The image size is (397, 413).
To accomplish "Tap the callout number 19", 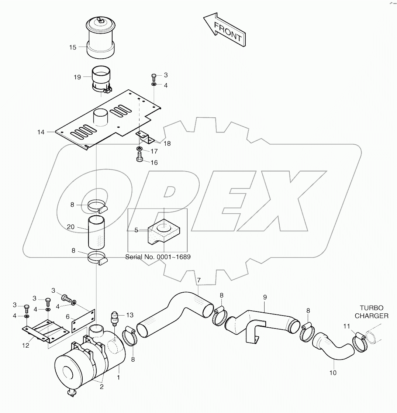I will [77, 77].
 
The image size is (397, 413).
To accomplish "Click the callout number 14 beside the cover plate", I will [41, 132].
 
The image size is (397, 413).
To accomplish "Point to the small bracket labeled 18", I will [146, 137].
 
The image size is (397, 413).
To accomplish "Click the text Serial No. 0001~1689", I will [158, 257].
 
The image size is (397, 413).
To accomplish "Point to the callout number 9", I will [265, 297].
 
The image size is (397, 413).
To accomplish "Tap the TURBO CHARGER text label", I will [372, 312].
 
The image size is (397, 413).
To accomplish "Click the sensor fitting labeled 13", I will [114, 317].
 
